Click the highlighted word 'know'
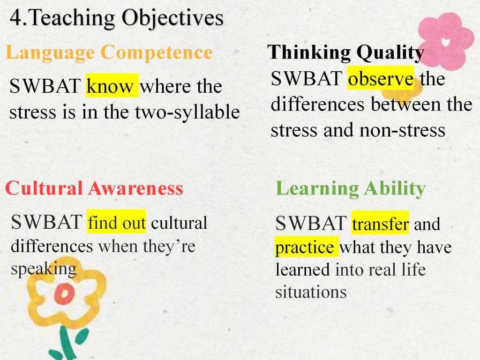pyautogui.click(x=112, y=86)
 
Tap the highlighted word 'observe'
pyautogui.click(x=381, y=78)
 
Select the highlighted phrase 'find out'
pyautogui.click(x=116, y=222)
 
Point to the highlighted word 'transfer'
pyautogui.click(x=380, y=223)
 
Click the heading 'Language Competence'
pyautogui.click(x=109, y=52)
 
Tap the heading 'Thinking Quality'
pyautogui.click(x=345, y=52)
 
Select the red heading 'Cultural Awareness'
pyautogui.click(x=94, y=188)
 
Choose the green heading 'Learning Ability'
pyautogui.click(x=351, y=188)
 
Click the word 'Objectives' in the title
pyautogui.click(x=172, y=18)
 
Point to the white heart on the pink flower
pyautogui.click(x=446, y=42)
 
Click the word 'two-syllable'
pyautogui.click(x=187, y=112)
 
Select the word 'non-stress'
pyautogui.click(x=402, y=130)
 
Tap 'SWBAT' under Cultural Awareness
pyautogui.click(x=46, y=222)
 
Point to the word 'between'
pyautogui.click(x=406, y=104)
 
